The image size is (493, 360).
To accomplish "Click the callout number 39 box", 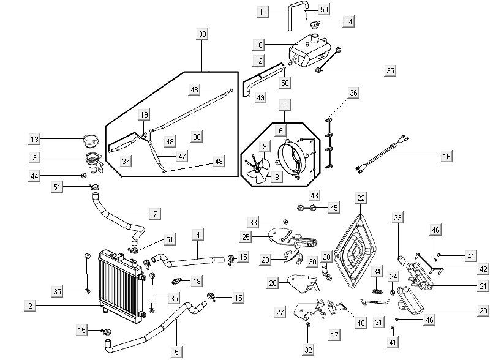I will (x=202, y=34).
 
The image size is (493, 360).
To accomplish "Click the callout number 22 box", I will (x=361, y=198).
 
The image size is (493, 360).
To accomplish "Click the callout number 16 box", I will (x=446, y=157).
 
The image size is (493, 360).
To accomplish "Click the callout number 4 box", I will (x=198, y=234).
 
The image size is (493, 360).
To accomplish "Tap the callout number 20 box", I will (x=483, y=310).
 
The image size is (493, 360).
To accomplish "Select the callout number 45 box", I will (x=334, y=208).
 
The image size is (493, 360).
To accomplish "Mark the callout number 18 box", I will (x=197, y=281).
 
